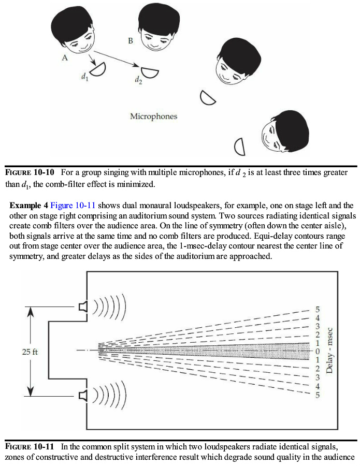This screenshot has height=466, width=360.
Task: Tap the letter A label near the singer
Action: coord(65,58)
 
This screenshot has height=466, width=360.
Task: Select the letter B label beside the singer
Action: coord(131,40)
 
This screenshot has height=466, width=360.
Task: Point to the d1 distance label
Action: coord(84,76)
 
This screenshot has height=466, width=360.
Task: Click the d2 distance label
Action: coord(138,80)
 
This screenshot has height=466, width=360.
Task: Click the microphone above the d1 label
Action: coord(98,68)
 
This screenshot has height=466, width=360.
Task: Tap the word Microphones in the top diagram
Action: coord(153,116)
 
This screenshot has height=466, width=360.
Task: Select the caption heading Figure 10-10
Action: coord(30,172)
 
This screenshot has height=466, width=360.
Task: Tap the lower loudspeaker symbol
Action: coord(83,396)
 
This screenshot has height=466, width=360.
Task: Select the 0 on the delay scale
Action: coord(318,351)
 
